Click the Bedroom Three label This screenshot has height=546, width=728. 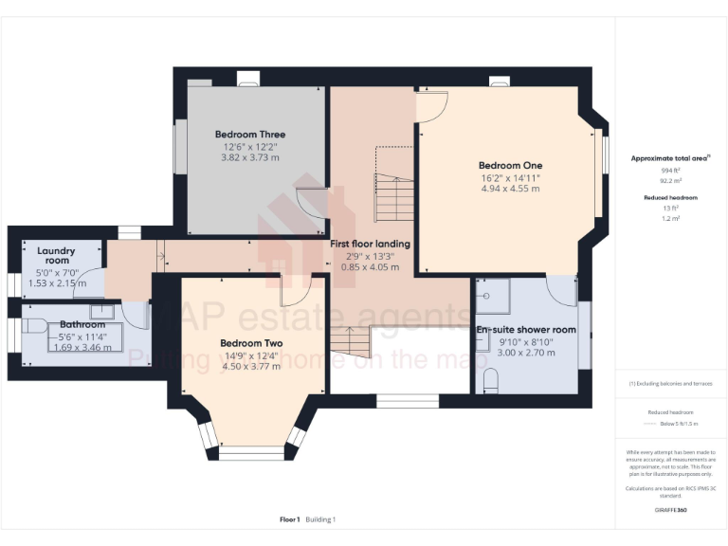click(250, 135)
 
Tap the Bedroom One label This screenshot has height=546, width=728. click(510, 165)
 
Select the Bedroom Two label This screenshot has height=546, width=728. click(250, 343)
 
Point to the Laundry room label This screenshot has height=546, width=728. click(56, 256)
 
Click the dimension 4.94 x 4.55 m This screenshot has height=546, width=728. click(510, 189)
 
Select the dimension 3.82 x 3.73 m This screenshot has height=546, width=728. click(250, 158)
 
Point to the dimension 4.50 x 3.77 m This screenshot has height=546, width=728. click(250, 367)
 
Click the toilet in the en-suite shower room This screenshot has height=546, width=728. click(490, 381)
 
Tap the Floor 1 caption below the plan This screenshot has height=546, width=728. click(290, 519)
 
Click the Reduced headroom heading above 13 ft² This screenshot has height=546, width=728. click(670, 197)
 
